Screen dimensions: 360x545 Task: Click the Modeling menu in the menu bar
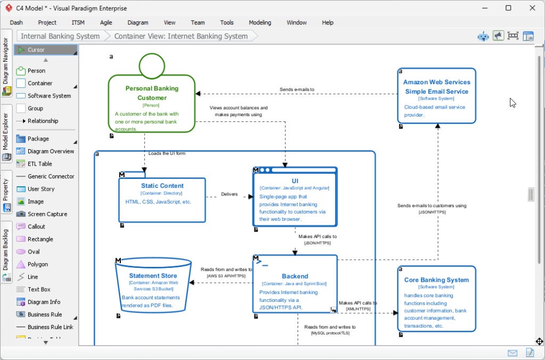click(260, 22)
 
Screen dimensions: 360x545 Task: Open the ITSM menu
click(78, 22)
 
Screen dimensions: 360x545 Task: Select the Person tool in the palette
click(36, 70)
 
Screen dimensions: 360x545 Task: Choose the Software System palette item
click(49, 96)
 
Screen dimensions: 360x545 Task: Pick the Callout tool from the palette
click(36, 226)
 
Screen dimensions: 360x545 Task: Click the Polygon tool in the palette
click(37, 264)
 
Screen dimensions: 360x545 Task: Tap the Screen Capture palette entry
click(47, 214)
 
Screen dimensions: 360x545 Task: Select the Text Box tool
click(39, 289)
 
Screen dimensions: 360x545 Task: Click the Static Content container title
click(162, 186)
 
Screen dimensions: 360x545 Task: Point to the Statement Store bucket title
click(153, 276)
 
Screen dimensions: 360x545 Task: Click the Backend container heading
click(295, 276)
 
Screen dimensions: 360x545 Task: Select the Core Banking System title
click(436, 280)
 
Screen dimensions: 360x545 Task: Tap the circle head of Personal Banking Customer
click(152, 65)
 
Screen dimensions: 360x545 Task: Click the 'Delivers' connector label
click(229, 194)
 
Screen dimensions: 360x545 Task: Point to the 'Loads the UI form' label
click(167, 153)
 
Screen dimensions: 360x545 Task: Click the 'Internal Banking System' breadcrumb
click(60, 36)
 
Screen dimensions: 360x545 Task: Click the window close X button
click(533, 8)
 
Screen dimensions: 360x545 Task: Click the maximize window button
click(508, 8)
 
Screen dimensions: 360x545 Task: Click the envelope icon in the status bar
click(513, 353)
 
